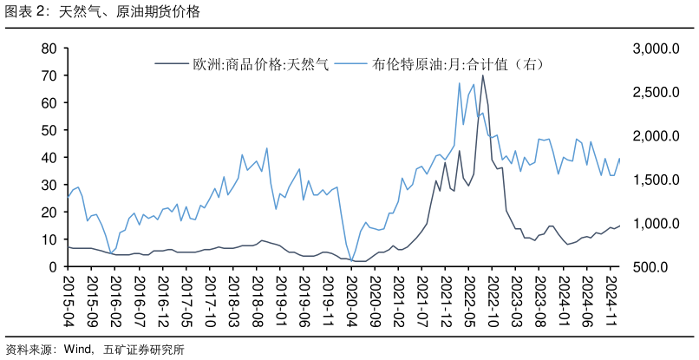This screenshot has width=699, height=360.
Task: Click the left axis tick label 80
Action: (49, 49)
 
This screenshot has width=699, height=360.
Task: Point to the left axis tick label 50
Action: (49, 131)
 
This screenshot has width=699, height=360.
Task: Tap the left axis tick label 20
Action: (49, 213)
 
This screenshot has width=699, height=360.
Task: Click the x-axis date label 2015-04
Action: (69, 298)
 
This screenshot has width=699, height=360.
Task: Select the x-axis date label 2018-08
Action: (257, 298)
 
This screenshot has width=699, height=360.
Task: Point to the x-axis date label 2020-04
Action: (351, 298)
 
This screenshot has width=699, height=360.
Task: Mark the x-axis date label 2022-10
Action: (493, 298)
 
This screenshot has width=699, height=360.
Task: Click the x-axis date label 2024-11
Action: (611, 298)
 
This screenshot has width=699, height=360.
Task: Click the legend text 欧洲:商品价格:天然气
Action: (260, 63)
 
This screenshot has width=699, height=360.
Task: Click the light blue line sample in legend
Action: (351, 63)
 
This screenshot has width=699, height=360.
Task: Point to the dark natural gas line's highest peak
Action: (483, 75)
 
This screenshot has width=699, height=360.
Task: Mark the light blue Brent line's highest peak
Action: (459, 82)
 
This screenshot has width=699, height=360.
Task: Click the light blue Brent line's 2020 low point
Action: (353, 258)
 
